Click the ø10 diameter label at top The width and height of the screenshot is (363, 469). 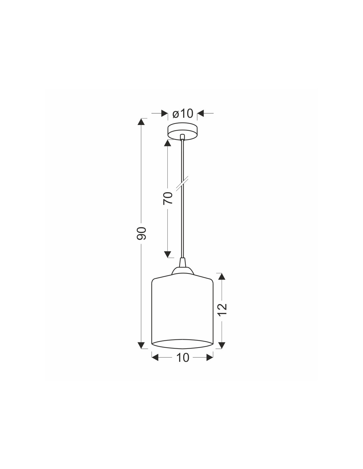tap(182, 113)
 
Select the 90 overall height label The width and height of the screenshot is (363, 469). tap(142, 233)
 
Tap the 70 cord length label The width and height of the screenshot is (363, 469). tap(168, 198)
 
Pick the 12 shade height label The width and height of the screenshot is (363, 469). tap(222, 309)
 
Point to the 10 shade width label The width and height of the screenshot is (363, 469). tap(183, 358)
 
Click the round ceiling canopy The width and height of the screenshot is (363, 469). tap(182, 132)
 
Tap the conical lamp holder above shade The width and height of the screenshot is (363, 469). tap(182, 267)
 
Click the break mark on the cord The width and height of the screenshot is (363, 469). tap(182, 183)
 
